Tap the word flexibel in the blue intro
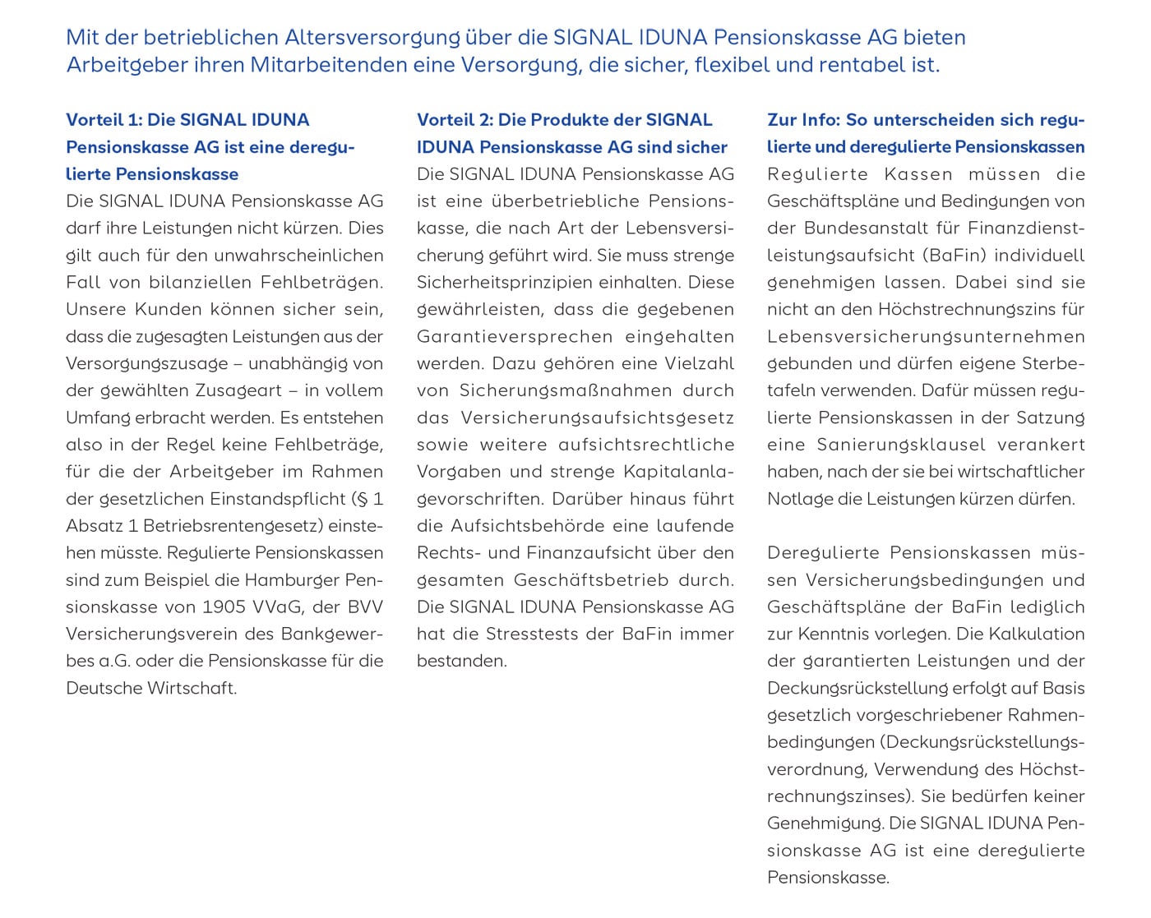pyautogui.click(x=732, y=65)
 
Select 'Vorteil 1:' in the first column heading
pyautogui.click(x=104, y=120)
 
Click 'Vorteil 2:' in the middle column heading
pyautogui.click(x=455, y=120)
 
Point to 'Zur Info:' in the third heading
pyautogui.click(x=803, y=120)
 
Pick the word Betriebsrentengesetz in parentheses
pyautogui.click(x=235, y=526)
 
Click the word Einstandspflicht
pyautogui.click(x=278, y=499)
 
